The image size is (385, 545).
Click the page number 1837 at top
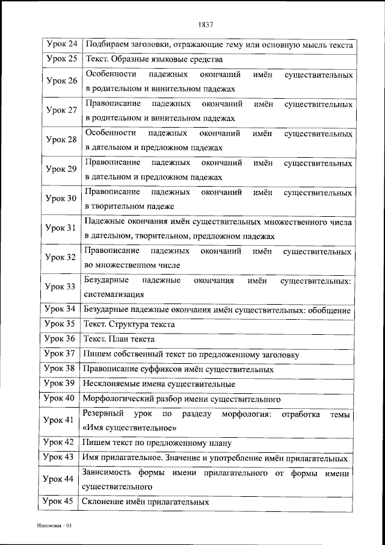click(x=205, y=25)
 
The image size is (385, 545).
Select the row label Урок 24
click(x=61, y=45)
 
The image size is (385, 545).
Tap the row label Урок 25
click(x=61, y=60)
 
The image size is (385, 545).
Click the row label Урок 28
click(x=61, y=140)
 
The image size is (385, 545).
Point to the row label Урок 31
click(x=61, y=228)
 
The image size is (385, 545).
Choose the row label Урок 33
click(x=61, y=287)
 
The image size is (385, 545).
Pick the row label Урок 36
click(x=61, y=339)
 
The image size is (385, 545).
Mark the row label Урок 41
click(x=61, y=420)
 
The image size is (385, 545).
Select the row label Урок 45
click(x=61, y=501)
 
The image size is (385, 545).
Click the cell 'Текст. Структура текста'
click(x=130, y=325)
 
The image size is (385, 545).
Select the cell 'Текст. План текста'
click(x=120, y=340)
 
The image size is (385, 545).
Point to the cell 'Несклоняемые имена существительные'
click(x=159, y=384)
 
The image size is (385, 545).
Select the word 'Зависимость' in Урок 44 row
click(x=106, y=474)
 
